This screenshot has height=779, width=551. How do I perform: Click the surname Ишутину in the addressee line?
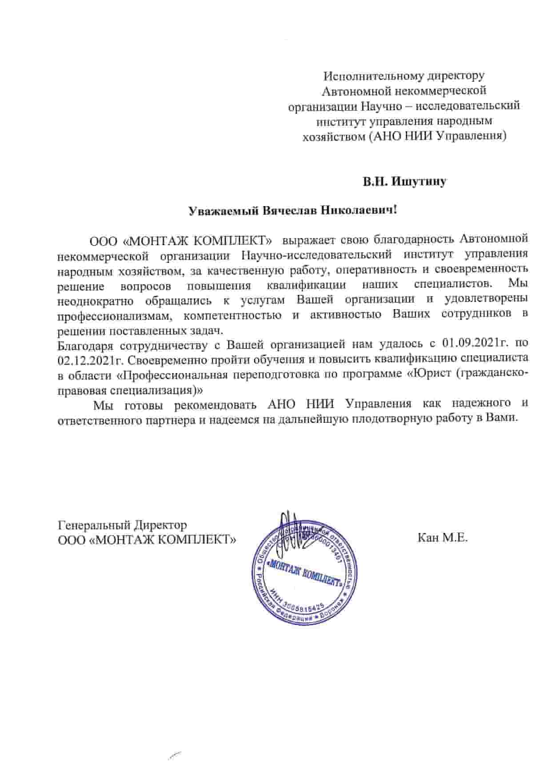point(418,182)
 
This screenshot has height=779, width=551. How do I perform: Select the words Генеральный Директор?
point(122,525)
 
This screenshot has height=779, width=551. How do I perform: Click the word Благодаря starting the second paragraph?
point(86,344)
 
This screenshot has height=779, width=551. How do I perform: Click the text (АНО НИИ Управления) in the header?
point(438,136)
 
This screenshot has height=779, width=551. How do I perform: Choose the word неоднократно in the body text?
point(96,300)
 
